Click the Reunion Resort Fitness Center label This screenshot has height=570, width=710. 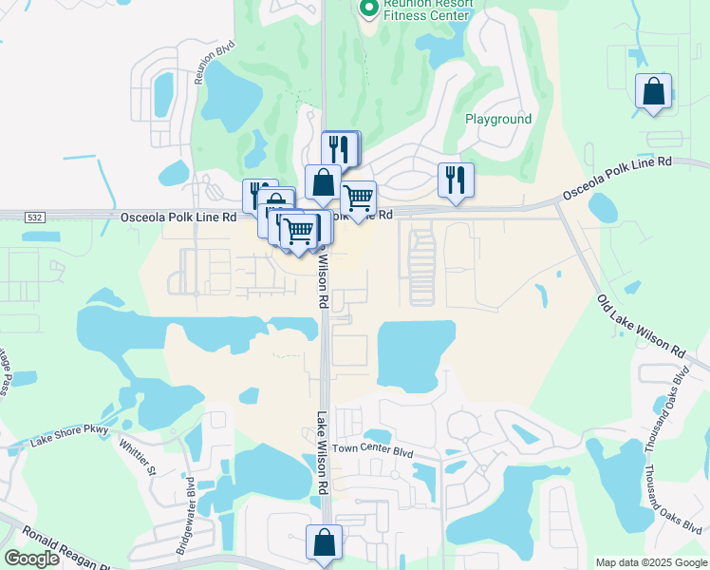click(x=426, y=9)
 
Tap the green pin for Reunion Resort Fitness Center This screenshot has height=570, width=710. click(x=368, y=9)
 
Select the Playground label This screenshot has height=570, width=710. click(x=497, y=119)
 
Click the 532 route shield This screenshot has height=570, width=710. click(x=34, y=218)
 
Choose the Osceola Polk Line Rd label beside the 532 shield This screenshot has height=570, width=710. click(x=177, y=218)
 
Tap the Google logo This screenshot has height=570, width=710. click(x=31, y=559)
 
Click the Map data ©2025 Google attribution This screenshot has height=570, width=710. click(x=650, y=562)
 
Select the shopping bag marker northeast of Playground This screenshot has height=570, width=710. click(x=653, y=92)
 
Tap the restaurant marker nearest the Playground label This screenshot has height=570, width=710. click(x=456, y=180)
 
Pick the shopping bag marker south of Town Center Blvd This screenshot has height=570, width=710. click(x=324, y=543)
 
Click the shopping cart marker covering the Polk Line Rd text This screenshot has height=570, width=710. click(x=358, y=199)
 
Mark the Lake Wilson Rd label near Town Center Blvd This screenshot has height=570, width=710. click(x=322, y=451)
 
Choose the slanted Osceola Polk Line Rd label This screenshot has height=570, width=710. click(x=617, y=178)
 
